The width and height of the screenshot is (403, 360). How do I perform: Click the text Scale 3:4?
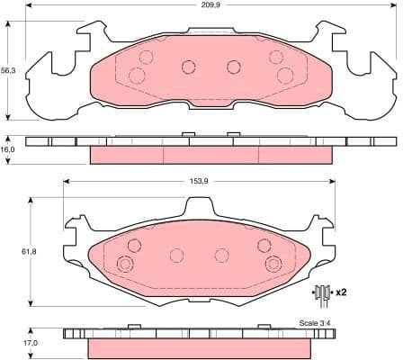314,323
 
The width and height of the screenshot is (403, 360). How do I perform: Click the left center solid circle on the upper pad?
188,66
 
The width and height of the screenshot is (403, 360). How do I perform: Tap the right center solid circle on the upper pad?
233,66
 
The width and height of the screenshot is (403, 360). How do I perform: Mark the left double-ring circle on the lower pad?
125,264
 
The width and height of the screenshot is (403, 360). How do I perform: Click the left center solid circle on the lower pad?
177,255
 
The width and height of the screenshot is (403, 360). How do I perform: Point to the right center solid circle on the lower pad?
222,255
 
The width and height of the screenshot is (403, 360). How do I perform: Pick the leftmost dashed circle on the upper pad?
137,75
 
